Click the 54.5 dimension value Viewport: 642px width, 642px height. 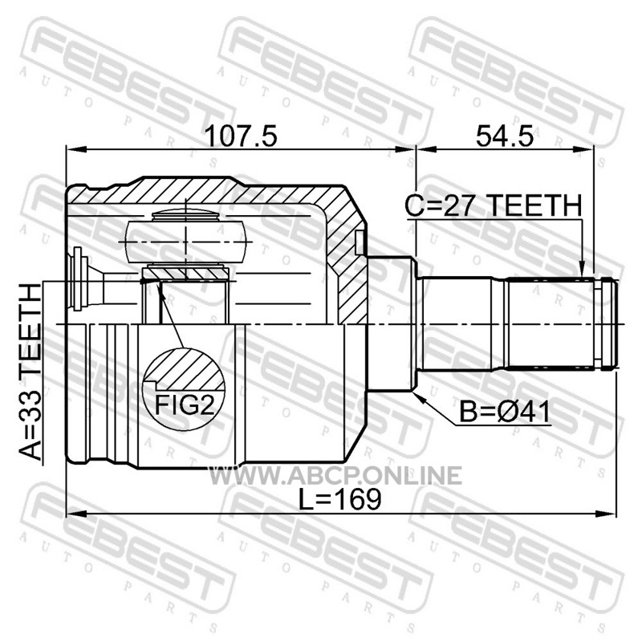505,136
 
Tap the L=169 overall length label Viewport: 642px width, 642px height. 339,499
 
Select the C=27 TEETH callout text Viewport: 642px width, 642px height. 494,205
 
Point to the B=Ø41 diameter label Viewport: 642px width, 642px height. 505,412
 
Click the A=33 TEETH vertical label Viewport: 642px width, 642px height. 30,372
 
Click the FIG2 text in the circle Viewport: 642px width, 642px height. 185,405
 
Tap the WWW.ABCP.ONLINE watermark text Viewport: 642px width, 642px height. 335,475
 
